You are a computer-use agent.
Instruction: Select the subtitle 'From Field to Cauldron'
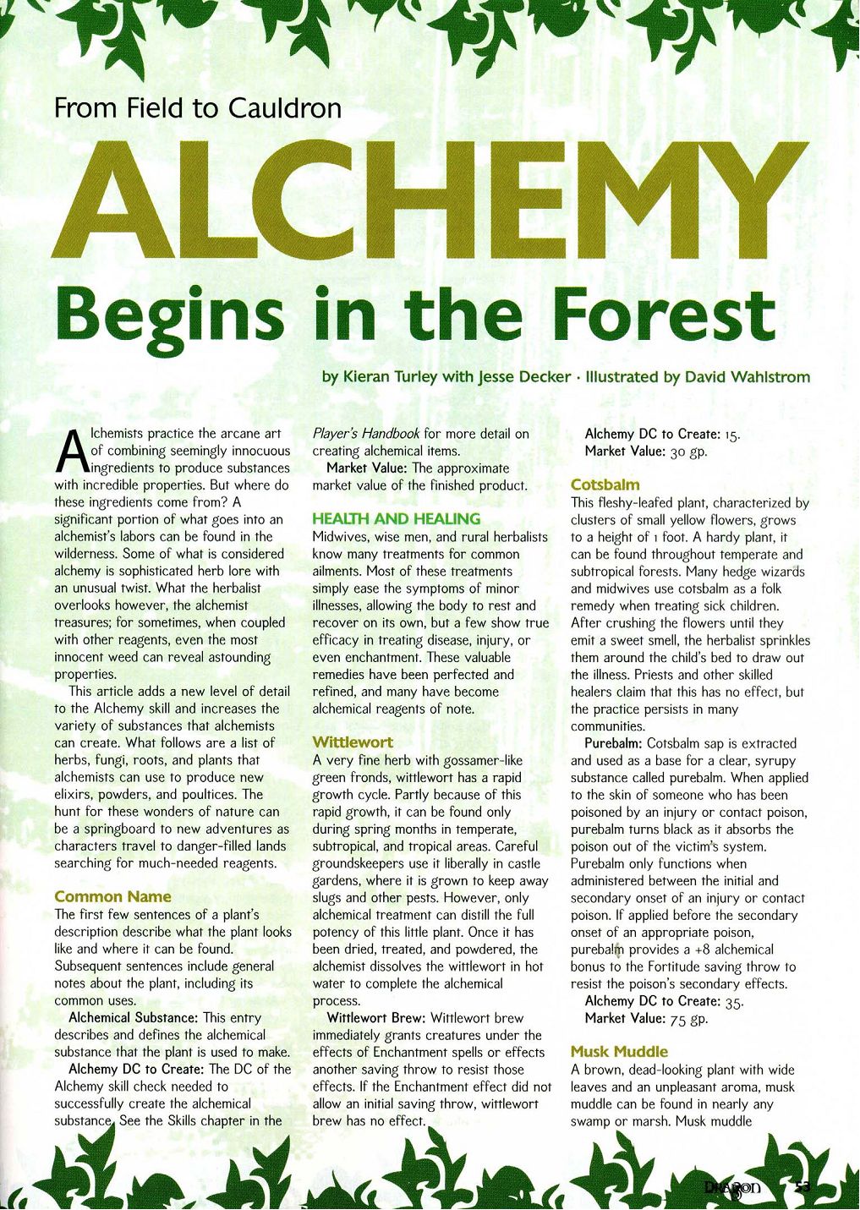[x=198, y=109]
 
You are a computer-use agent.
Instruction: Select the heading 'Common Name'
[x=112, y=896]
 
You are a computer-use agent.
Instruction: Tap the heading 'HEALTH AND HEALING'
[x=396, y=519]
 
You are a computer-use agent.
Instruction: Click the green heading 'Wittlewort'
[x=353, y=742]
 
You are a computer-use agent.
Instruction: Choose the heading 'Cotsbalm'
[x=605, y=485]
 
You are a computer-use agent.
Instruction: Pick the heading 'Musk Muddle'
[x=619, y=1052]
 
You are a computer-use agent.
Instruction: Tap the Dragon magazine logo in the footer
[x=733, y=1189]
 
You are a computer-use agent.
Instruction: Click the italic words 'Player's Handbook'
[x=366, y=434]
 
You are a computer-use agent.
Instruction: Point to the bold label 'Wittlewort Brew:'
[x=376, y=1018]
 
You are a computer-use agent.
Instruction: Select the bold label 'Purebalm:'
[x=614, y=743]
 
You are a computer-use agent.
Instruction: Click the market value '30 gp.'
[x=688, y=452]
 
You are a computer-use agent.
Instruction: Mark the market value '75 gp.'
[x=688, y=1019]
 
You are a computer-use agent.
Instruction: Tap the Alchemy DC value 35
[x=734, y=1002]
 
